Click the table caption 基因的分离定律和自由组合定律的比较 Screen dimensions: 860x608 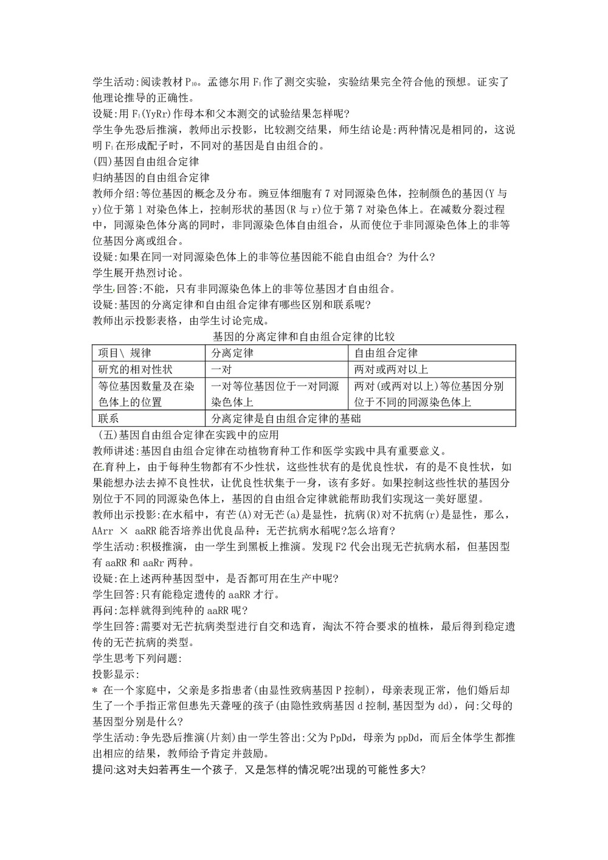pyautogui.click(x=304, y=336)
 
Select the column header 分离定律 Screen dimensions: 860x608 pyautogui.click(x=232, y=353)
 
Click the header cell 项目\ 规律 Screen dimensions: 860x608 pyautogui.click(x=125, y=353)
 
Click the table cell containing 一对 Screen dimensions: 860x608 pyautogui.click(x=221, y=369)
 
